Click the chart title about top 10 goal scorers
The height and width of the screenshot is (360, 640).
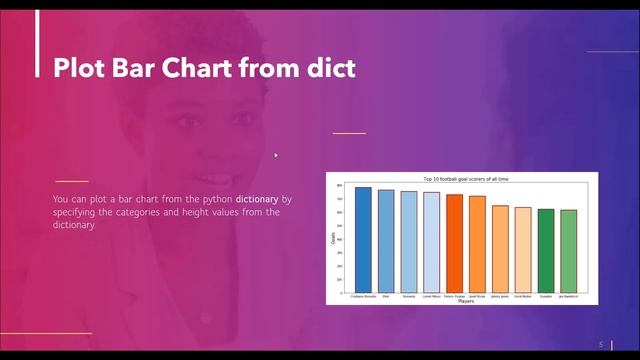point(466,178)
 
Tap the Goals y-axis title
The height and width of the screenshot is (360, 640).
point(333,238)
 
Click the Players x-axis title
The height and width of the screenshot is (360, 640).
point(466,301)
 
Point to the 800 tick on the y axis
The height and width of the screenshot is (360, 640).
point(340,186)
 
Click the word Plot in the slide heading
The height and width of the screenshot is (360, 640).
point(76,68)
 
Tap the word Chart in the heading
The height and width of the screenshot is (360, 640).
point(196,68)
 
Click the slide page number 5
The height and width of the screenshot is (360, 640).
point(601,344)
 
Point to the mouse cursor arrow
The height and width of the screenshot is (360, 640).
point(276,155)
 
